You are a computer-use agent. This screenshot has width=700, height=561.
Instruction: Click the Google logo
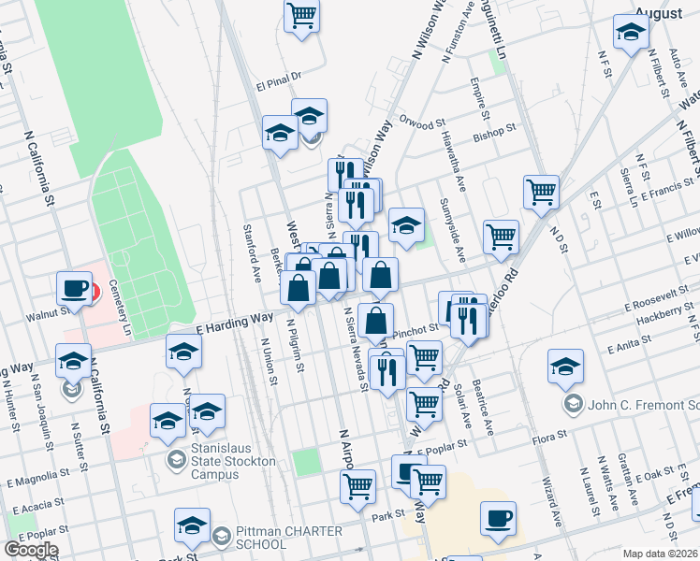[x=31, y=550]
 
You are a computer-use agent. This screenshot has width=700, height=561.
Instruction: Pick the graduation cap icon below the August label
[x=632, y=32]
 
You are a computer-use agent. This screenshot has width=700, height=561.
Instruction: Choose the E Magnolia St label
[x=37, y=482]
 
